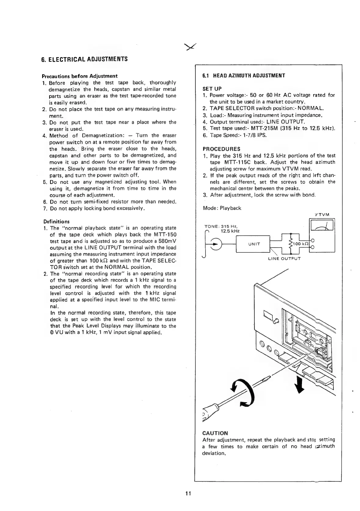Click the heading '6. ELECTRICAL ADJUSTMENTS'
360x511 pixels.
[84, 59]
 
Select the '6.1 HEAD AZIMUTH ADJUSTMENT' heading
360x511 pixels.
[244, 75]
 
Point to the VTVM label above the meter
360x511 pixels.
[323, 214]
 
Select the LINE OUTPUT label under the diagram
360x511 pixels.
[284, 258]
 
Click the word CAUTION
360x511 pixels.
[215, 433]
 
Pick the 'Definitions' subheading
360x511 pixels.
[56, 221]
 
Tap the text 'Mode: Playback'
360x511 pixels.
[222, 208]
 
